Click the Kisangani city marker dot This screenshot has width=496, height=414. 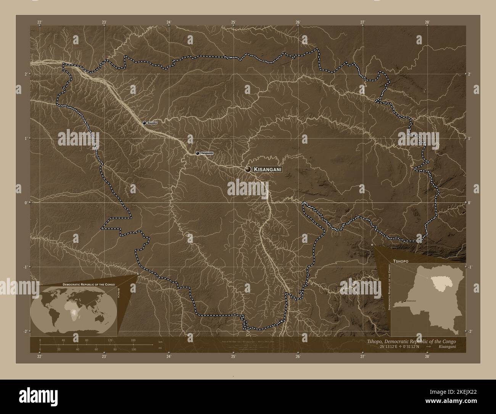[248, 169]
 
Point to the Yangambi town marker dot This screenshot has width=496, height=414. [197, 153]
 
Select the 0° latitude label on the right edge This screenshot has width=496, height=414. [469, 203]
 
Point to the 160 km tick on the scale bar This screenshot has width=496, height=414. [133, 340]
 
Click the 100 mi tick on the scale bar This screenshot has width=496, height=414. [133, 349]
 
